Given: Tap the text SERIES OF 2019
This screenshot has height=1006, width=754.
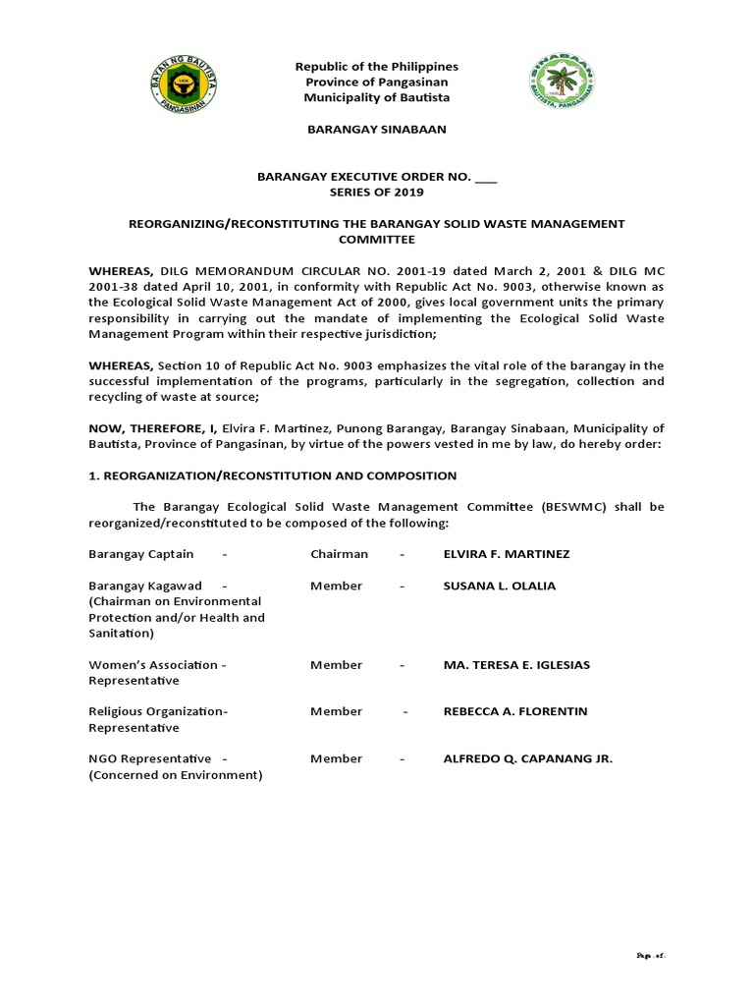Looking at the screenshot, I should pyautogui.click(x=376, y=193).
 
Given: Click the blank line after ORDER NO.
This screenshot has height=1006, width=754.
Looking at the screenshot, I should pyautogui.click(x=486, y=177).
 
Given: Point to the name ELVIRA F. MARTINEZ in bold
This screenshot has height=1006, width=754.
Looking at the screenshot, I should pyautogui.click(x=507, y=554).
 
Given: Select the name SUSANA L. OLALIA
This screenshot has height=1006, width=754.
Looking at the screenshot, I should pyautogui.click(x=500, y=586).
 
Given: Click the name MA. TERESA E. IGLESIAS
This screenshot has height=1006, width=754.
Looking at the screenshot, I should pyautogui.click(x=516, y=665).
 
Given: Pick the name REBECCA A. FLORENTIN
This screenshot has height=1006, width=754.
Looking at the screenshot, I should pyautogui.click(x=515, y=711).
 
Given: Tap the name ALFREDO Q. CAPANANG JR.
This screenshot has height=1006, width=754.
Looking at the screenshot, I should pyautogui.click(x=528, y=758).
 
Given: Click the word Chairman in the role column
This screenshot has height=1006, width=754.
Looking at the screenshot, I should pyautogui.click(x=339, y=554).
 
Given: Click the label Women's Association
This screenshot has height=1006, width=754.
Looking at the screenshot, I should pyautogui.click(x=153, y=665).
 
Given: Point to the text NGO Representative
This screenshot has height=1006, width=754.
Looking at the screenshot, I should pyautogui.click(x=150, y=758).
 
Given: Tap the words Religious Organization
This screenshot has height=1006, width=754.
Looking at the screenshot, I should pyautogui.click(x=157, y=711).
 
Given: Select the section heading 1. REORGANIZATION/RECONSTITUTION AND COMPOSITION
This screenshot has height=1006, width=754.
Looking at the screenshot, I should pyautogui.click(x=273, y=475).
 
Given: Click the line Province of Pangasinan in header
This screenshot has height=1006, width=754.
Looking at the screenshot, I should pyautogui.click(x=377, y=83).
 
